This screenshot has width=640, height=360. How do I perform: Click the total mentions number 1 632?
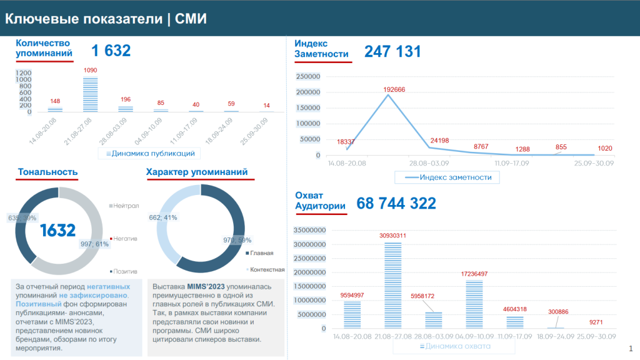(x=111, y=51)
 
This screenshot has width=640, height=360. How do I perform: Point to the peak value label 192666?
(x=394, y=89)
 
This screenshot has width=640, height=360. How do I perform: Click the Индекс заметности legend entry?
(x=447, y=177)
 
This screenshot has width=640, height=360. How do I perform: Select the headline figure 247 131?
(x=392, y=51)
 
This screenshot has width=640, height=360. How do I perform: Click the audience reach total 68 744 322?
(x=396, y=203)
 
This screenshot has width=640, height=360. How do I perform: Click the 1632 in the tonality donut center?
(x=57, y=231)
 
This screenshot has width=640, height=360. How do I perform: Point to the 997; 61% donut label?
(x=95, y=244)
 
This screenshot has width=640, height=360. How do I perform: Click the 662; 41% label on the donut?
(x=164, y=217)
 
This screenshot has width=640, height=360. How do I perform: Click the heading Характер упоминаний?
(x=196, y=172)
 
